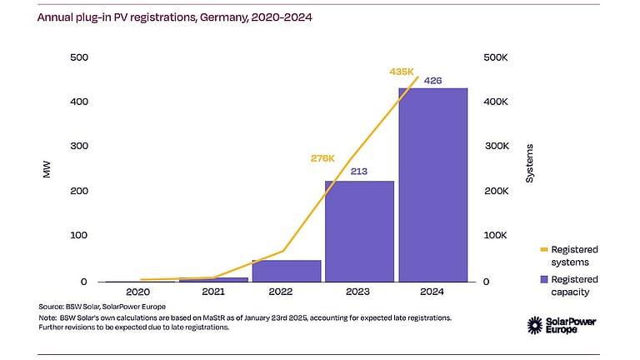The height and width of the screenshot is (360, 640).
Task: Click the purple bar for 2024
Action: (432, 185)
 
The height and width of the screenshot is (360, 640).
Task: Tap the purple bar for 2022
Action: (286, 271)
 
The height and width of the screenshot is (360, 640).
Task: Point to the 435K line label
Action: (402, 72)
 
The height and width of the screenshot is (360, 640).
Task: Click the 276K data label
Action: (322, 157)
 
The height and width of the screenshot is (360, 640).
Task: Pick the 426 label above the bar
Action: (432, 81)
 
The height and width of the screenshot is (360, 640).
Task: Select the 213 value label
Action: (359, 172)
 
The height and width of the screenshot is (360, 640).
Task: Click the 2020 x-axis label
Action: (139, 292)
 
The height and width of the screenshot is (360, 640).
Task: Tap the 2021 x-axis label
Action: (212, 292)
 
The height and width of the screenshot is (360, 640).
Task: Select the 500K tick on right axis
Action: (497, 57)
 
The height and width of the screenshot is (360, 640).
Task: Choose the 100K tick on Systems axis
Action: (497, 236)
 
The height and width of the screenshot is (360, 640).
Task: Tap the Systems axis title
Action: (530, 164)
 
